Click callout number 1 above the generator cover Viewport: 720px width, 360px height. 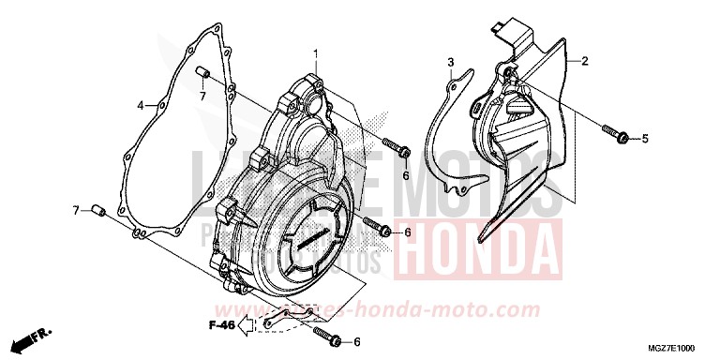click(x=316, y=52)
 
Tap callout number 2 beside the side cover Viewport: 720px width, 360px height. click(x=584, y=62)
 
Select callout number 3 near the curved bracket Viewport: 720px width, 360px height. click(x=450, y=63)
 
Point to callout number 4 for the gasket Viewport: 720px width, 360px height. click(x=140, y=105)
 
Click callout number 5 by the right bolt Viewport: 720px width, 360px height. click(x=644, y=140)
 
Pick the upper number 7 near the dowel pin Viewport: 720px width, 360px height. click(x=202, y=96)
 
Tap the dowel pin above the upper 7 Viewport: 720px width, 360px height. click(x=201, y=73)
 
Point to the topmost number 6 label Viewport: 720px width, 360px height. click(x=406, y=174)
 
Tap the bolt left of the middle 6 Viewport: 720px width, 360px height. click(x=377, y=228)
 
